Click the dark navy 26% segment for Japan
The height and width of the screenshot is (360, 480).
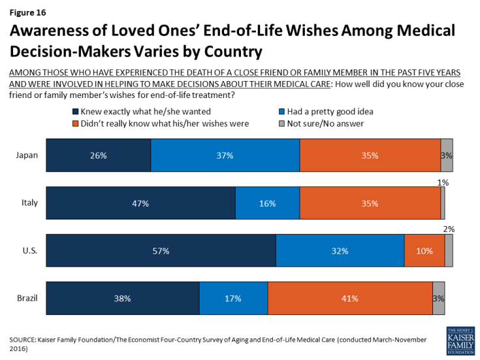click(98, 155)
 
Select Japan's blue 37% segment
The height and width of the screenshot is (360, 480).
click(225, 155)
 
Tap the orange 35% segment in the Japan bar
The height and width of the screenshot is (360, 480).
click(370, 155)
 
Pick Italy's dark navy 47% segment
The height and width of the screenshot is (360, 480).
click(140, 203)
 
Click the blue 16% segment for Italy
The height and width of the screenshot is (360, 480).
click(267, 203)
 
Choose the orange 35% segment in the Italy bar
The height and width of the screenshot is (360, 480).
click(370, 203)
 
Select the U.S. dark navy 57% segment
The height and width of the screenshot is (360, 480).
click(161, 251)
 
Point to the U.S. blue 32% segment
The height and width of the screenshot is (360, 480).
click(340, 251)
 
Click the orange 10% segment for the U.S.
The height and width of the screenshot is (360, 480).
click(424, 251)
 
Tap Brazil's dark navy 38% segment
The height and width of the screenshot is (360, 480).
click(122, 299)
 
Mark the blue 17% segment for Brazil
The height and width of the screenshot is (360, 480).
click(233, 299)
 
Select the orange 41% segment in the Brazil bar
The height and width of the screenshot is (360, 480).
click(350, 299)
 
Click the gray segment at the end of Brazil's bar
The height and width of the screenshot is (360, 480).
click(439, 299)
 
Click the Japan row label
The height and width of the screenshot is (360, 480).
click(28, 155)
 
